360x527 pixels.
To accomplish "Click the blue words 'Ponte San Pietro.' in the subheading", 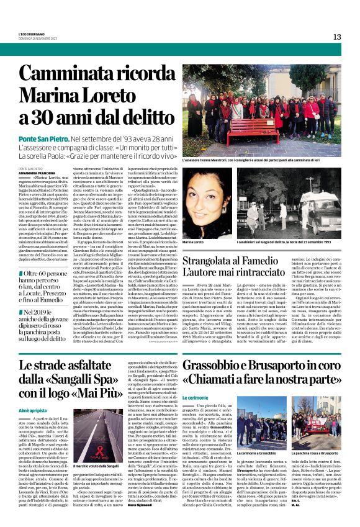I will (x=43, y=142).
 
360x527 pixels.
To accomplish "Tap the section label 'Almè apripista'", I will (x=32, y=411).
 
